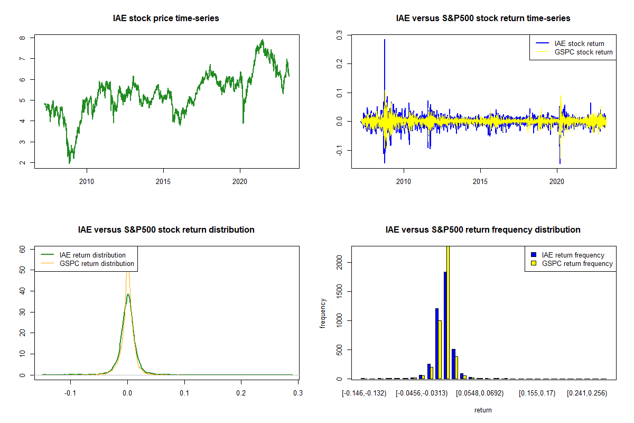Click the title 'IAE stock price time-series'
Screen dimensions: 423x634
click(166, 19)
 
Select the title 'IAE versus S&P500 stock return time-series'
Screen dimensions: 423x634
click(483, 19)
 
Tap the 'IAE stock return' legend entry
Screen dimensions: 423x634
click(579, 43)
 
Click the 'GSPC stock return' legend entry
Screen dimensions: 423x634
click(583, 52)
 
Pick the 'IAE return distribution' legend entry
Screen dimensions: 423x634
click(92, 255)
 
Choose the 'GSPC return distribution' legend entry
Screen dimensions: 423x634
click(97, 263)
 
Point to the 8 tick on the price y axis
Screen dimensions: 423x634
click(22, 38)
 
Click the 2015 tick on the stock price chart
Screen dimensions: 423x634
click(163, 181)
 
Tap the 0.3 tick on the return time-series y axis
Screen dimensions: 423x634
click(339, 34)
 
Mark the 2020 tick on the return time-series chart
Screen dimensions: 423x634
click(557, 181)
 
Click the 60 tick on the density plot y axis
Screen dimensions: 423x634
click(22, 249)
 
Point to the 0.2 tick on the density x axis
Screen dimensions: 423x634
click(241, 393)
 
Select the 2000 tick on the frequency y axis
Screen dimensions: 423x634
click(339, 262)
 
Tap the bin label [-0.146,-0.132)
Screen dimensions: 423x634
click(364, 393)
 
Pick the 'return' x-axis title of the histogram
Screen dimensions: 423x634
click(483, 410)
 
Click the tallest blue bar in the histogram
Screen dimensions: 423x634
click(445, 325)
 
